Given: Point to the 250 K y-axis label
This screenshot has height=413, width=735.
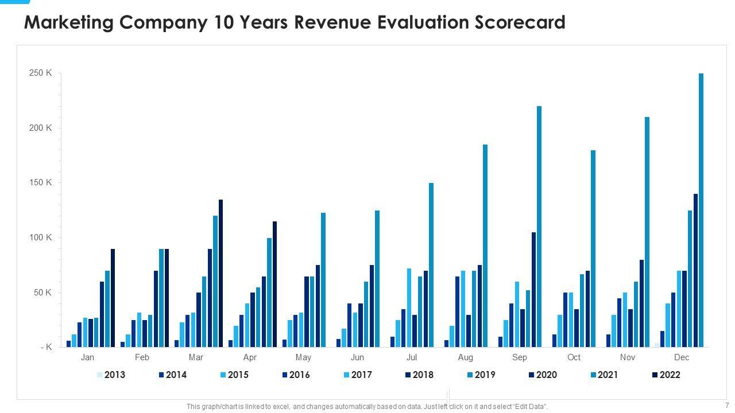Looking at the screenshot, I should (41, 73).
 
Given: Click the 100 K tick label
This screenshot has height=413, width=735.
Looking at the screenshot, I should (41, 237).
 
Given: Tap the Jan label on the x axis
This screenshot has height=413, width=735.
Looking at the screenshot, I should (88, 357).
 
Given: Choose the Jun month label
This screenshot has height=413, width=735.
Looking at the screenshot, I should (357, 357).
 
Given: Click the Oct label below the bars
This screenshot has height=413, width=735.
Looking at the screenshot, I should (574, 357).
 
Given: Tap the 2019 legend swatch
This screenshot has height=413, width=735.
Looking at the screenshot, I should (471, 375).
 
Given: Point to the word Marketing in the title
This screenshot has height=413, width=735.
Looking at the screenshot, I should (68, 22).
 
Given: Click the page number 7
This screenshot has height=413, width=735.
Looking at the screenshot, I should (726, 405).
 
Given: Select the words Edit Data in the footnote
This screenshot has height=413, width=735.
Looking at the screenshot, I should (529, 407).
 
